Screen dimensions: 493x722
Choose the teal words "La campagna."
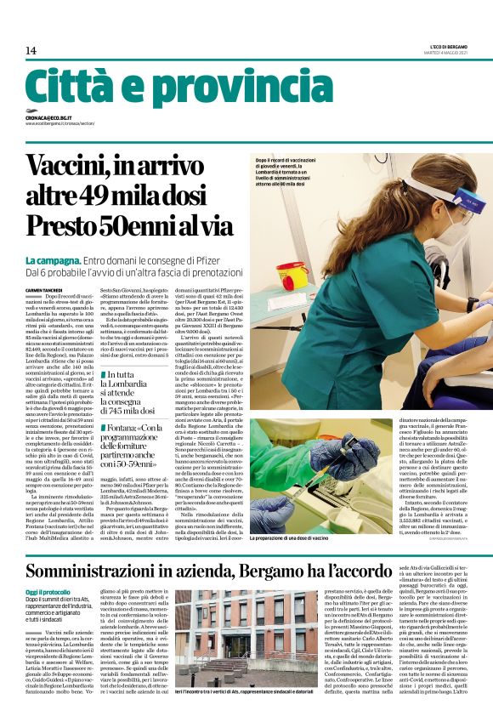53,259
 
